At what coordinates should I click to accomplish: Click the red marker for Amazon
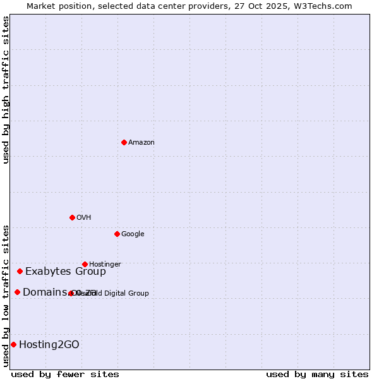tap(124, 142)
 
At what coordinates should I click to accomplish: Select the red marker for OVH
tap(72, 217)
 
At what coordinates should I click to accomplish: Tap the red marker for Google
tap(117, 234)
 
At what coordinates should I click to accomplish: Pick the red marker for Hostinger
tap(85, 264)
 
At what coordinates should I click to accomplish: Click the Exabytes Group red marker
tap(20, 271)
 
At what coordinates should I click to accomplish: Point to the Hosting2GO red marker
tap(13, 344)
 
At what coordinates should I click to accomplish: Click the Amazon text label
tap(141, 143)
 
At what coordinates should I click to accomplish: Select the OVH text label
tap(84, 218)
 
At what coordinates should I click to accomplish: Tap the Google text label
tap(133, 234)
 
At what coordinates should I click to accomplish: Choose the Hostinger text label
tap(105, 265)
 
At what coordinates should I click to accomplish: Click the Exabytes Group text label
tap(66, 272)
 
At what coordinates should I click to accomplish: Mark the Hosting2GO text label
tap(49, 345)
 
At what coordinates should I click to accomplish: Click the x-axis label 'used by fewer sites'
tap(65, 374)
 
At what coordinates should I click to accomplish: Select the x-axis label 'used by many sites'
tap(317, 374)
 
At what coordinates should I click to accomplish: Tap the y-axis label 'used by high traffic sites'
tap(6, 90)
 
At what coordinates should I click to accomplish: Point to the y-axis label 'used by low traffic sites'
tap(6, 295)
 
